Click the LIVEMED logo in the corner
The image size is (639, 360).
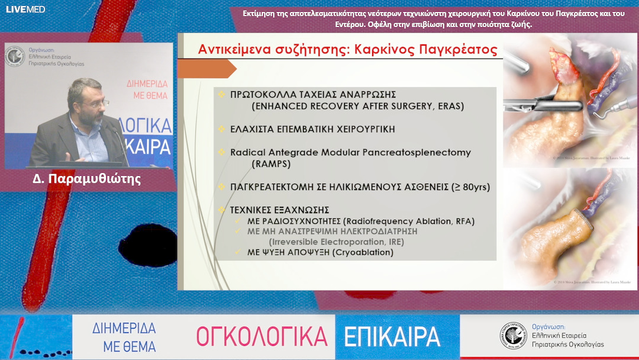click(25, 9)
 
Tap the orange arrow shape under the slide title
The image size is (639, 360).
click(206, 69)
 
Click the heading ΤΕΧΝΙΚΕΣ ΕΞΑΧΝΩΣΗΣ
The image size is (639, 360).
click(279, 210)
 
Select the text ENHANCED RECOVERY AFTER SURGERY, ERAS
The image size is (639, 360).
click(357, 107)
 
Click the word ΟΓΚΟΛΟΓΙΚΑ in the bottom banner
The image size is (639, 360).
click(262, 336)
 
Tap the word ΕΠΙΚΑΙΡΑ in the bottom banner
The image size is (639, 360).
click(392, 336)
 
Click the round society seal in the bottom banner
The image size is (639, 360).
click(512, 335)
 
